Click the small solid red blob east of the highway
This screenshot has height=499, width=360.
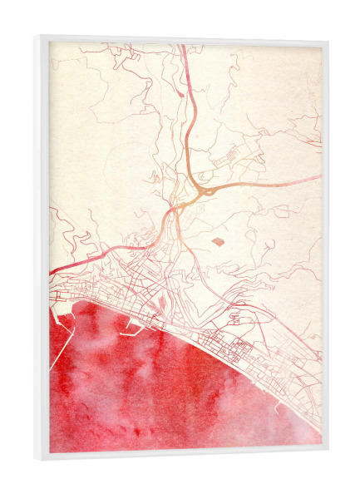(x=218, y=241)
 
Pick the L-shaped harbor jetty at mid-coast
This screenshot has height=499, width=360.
(x=133, y=333)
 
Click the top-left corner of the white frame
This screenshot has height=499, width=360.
(x=37, y=37)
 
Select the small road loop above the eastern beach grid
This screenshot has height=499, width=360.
(x=235, y=317)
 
